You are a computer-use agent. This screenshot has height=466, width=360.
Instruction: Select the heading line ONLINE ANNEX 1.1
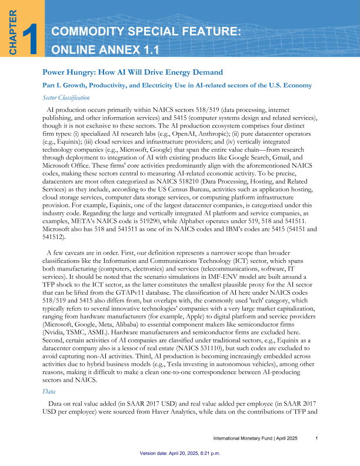(x=106, y=49)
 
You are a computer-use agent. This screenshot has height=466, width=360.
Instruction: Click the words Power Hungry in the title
(x=66, y=72)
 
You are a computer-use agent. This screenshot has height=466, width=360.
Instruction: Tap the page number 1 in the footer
(x=317, y=438)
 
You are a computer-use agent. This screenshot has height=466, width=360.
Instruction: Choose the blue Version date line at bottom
(x=179, y=454)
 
